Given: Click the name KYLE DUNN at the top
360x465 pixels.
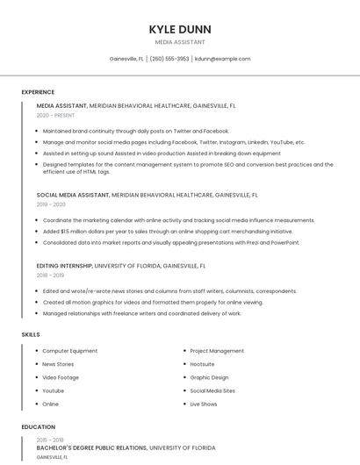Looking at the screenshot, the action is [x=180, y=29].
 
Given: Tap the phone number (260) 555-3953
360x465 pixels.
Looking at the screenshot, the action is [x=169, y=59].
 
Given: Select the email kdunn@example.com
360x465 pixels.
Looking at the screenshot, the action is [x=222, y=59].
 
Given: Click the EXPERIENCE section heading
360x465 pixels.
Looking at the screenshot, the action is [x=38, y=92].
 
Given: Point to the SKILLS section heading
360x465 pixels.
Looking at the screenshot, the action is [x=31, y=334].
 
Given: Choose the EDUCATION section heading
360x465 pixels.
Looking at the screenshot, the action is [x=37, y=427].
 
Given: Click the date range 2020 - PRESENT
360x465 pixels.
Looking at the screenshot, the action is [x=55, y=115].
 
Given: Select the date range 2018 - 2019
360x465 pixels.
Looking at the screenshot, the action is [x=49, y=275].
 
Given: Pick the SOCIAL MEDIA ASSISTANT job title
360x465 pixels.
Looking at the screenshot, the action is [x=74, y=195].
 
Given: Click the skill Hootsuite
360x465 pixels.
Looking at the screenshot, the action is [x=202, y=364].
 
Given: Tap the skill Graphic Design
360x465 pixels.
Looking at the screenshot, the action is [x=209, y=377].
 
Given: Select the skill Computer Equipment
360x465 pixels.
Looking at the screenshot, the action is [x=69, y=351].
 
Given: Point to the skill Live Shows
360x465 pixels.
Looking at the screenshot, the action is [x=203, y=404].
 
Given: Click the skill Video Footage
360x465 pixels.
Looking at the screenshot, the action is [x=61, y=377].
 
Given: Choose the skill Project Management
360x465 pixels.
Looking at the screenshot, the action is [x=217, y=351].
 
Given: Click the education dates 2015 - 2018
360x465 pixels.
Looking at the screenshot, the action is [x=49, y=439].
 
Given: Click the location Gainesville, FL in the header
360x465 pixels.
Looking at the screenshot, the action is [x=126, y=59].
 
